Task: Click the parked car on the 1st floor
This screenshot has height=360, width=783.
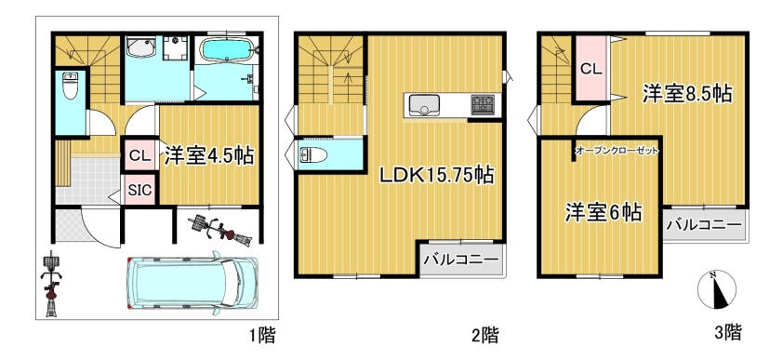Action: pyautogui.click(x=192, y=284)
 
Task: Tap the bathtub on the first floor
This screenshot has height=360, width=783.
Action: pyautogui.click(x=227, y=50)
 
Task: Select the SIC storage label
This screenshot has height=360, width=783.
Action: pyautogui.click(x=140, y=190)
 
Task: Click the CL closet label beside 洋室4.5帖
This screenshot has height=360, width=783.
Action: pyautogui.click(x=139, y=155)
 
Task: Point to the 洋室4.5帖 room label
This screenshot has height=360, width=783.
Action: pyautogui.click(x=209, y=155)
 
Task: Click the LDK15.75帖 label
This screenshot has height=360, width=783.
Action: pyautogui.click(x=437, y=175)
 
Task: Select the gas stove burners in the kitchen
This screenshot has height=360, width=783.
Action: pyautogui.click(x=482, y=105)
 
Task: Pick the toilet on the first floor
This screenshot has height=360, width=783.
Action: pyautogui.click(x=70, y=87)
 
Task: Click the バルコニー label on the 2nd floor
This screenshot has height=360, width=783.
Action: pyautogui.click(x=461, y=260)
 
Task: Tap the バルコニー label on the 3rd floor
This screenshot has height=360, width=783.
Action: pyautogui.click(x=705, y=225)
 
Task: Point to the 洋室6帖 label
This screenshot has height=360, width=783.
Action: pyautogui.click(x=604, y=213)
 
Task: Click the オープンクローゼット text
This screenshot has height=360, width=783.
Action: pyautogui.click(x=617, y=150)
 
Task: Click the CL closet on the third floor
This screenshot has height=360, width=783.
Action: pyautogui.click(x=591, y=69)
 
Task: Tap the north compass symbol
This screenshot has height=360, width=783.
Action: pyautogui.click(x=717, y=289)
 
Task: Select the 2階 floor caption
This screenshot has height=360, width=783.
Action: pyautogui.click(x=485, y=334)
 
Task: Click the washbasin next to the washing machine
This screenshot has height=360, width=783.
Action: pyautogui.click(x=141, y=47)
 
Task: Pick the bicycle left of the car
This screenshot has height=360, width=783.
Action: pyautogui.click(x=51, y=283)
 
